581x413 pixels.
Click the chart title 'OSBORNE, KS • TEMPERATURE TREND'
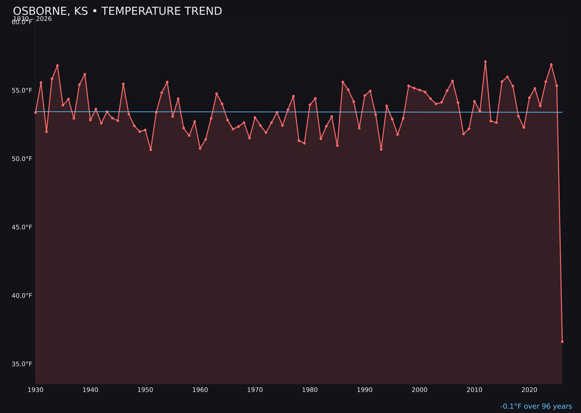pos(117,11)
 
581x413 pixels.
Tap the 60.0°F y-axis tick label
pos(22,22)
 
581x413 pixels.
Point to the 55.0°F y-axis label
pos(22,90)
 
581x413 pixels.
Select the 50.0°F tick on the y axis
pos(22,159)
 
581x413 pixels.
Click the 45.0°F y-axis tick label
pos(22,227)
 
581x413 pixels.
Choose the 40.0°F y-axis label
pos(22,295)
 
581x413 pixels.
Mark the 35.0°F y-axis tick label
pos(22,364)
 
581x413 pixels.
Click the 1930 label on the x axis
pos(36,390)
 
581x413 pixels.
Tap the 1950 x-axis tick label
pos(145,390)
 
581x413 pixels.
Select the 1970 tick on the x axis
pos(255,390)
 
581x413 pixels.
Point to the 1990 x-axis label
pos(365,390)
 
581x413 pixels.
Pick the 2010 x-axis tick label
pos(474,390)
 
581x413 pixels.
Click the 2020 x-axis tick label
pos(529,390)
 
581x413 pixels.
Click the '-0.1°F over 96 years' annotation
pos(536,407)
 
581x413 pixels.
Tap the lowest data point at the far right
pos(562,341)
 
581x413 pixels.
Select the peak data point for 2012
pos(485,62)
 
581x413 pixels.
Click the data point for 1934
pos(58,66)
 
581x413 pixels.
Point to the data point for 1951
pos(151,149)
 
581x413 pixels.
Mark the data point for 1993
pos(381,149)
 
